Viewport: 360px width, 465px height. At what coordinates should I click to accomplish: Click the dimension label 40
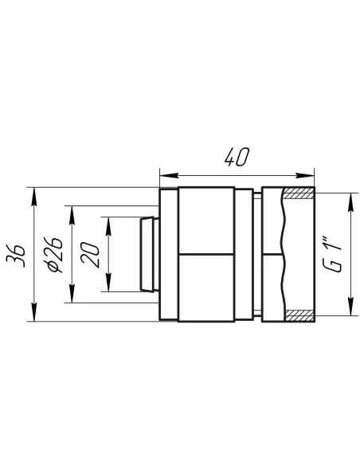[x=237, y=157]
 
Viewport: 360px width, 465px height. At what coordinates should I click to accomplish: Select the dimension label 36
[x=16, y=256]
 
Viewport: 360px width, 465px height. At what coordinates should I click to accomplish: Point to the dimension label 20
[x=89, y=255]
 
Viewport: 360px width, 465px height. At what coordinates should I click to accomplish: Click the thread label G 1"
[x=332, y=254]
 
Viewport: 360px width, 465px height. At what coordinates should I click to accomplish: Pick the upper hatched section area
[x=299, y=193]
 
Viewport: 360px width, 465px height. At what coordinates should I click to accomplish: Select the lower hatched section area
[x=299, y=315]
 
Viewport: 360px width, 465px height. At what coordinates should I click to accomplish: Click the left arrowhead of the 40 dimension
[x=169, y=175]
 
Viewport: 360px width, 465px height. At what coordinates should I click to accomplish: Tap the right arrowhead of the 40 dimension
[x=305, y=175]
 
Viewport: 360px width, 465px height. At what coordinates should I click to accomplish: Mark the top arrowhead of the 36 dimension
[x=34, y=197]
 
